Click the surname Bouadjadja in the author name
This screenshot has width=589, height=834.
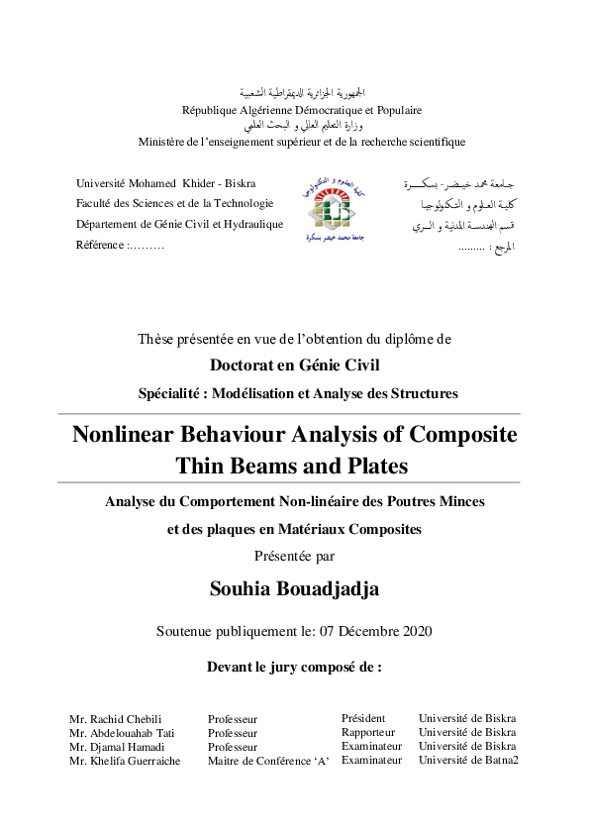tap(330, 589)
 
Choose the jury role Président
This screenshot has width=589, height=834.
tap(363, 718)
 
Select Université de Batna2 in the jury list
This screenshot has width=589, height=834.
tap(468, 760)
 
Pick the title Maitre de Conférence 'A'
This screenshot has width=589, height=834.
tap(267, 761)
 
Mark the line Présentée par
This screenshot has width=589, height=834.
tap(294, 556)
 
